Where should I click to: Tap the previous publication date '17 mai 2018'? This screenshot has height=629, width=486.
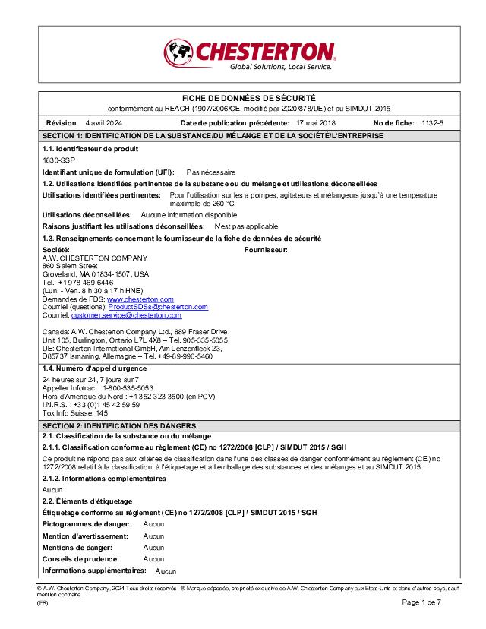tap(315, 122)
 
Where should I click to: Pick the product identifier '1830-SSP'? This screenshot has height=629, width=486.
tap(58, 161)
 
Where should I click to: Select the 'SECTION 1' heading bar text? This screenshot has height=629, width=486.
tap(213, 135)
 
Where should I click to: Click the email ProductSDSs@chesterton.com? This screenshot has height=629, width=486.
tap(158, 307)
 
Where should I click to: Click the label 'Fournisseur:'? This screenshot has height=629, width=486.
tap(266, 249)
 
